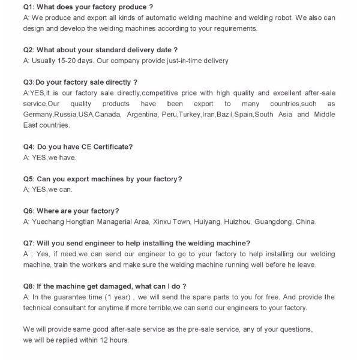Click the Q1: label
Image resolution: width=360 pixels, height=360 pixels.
point(30,7)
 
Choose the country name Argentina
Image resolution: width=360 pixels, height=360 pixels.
point(141,115)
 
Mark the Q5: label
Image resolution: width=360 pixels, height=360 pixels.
point(29,179)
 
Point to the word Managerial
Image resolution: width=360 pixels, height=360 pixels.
point(122,222)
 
